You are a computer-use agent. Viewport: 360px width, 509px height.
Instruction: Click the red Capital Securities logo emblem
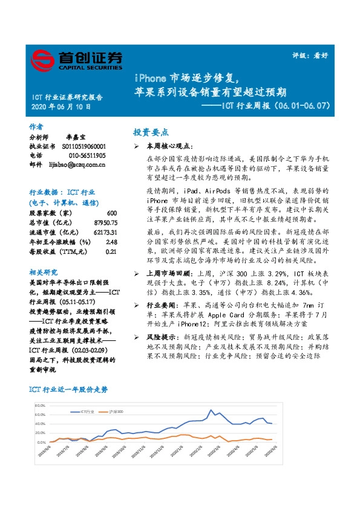(43, 60)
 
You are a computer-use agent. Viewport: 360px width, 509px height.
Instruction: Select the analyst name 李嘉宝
(77, 138)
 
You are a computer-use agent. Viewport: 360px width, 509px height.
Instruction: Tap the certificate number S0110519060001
(84, 147)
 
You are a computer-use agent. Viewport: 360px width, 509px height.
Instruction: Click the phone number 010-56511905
(83, 155)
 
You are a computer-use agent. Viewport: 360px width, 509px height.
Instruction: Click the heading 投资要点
(151, 132)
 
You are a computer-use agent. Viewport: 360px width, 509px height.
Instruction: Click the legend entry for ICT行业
(84, 412)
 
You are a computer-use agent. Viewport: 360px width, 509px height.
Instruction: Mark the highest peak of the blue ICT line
(211, 410)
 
